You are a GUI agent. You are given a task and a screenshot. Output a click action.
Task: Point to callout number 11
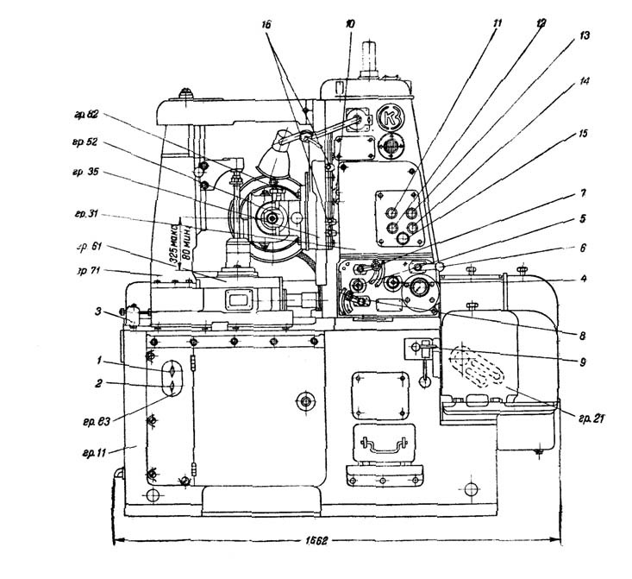496,26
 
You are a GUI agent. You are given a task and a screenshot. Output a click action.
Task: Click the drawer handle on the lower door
380,443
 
